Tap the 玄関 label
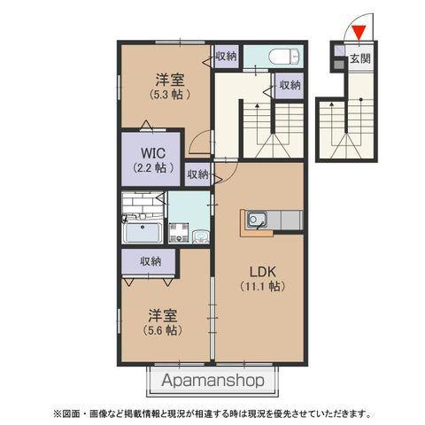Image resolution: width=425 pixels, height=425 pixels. [359, 59]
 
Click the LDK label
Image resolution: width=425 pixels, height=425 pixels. [259, 270]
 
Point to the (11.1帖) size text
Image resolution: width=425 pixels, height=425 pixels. [259, 286]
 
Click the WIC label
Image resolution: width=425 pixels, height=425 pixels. [150, 151]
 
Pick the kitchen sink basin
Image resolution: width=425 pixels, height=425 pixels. [257, 218]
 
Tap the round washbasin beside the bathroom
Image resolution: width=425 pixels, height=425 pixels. [201, 236]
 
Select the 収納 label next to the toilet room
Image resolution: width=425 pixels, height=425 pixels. [227, 56]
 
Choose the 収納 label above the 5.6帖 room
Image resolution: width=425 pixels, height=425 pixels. [151, 261]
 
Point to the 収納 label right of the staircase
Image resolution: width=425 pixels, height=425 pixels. [290, 86]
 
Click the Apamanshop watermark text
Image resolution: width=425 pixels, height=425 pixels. [213, 382]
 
